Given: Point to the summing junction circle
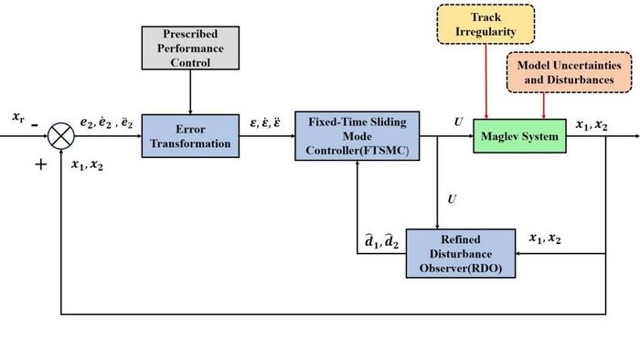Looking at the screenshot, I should coord(61,136).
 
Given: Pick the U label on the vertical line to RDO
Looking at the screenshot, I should coord(449,197).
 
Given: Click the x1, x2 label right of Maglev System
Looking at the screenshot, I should coord(592,123).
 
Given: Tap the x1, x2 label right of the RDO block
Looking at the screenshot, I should coord(546,238).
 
